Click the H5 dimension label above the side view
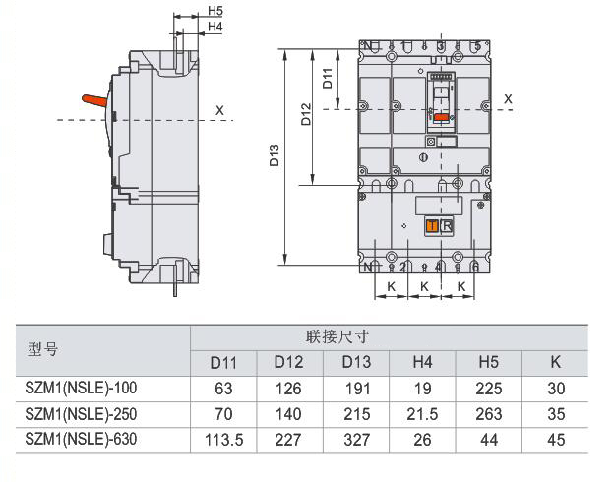coord(215,11)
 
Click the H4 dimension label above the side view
coord(215,27)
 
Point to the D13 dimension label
coord(275,155)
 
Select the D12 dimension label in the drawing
coord(306,114)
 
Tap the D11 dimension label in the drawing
coord(328,78)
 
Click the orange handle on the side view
coord(94,100)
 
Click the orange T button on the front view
coord(432,226)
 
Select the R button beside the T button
coord(447,226)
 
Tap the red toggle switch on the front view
coord(442,117)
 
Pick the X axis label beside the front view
coord(508,99)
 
